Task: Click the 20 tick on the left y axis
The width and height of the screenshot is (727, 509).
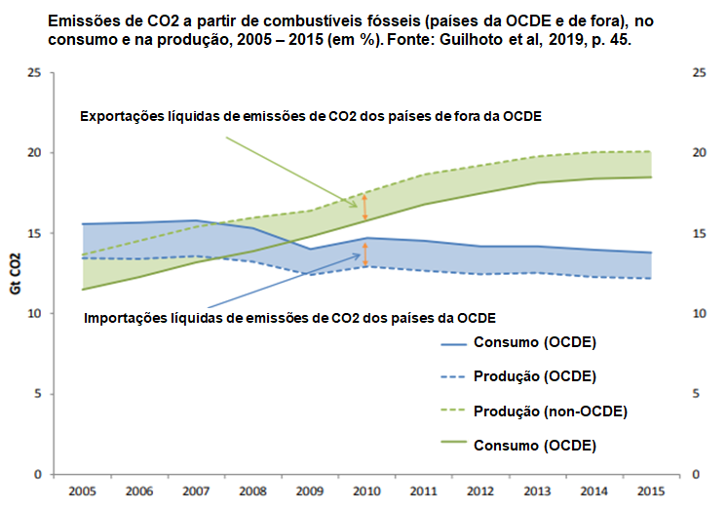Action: coord(34,153)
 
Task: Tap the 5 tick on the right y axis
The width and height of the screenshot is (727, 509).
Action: coord(699,394)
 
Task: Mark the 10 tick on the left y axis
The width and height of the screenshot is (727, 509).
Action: coord(34,314)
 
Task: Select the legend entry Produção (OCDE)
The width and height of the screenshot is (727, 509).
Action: coord(535,376)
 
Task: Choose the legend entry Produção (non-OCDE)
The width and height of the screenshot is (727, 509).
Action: coord(551,411)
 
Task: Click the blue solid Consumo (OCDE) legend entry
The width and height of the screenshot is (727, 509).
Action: coord(535,342)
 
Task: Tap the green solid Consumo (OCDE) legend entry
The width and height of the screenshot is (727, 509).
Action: coord(535,445)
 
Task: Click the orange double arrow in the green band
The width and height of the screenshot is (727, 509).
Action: coord(365,207)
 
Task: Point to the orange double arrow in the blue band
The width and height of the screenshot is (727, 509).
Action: coord(365,254)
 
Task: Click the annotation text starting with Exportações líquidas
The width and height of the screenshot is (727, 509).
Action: coord(311,115)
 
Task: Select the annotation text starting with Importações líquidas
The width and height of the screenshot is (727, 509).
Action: coord(290,318)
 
